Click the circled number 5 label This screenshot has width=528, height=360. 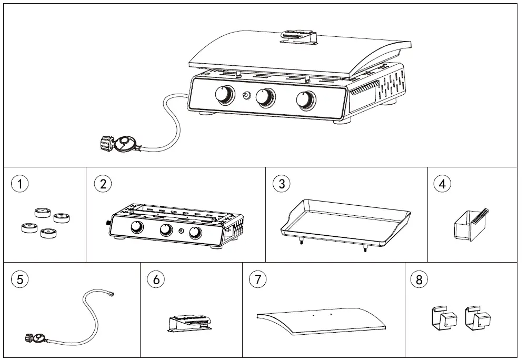(20, 279)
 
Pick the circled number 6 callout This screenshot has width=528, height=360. (156, 279)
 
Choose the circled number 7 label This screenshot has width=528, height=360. (257, 279)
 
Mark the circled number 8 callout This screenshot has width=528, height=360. (419, 279)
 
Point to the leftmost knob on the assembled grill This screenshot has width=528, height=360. (225, 95)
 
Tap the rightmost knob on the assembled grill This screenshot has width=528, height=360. (305, 99)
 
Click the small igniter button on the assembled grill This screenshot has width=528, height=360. (245, 96)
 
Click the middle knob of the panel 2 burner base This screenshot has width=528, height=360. (166, 230)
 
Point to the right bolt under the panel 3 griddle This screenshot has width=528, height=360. (365, 249)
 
